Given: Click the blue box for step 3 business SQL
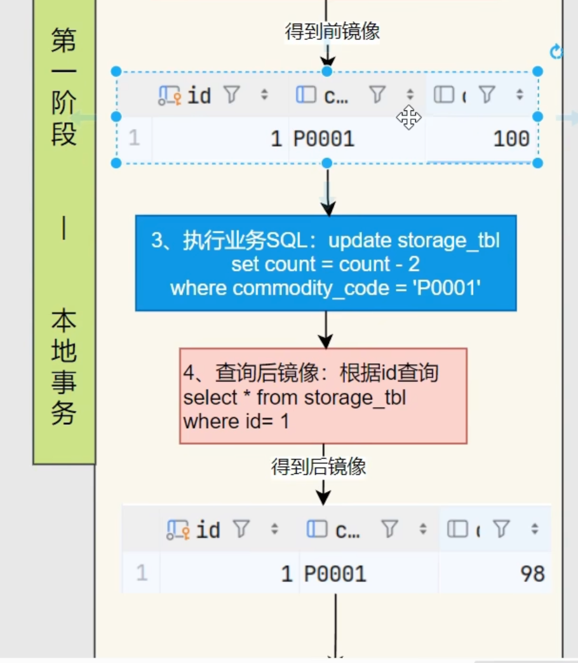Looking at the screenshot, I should point(325,263).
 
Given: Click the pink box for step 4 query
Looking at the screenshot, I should point(323,396).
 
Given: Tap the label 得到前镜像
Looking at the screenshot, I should point(332,30).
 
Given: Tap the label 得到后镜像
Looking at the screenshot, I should point(319,467).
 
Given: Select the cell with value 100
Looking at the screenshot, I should point(511,139).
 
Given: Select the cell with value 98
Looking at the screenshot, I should point(532,574).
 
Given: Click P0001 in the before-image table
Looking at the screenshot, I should point(323,139).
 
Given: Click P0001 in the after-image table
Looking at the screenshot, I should point(335,574).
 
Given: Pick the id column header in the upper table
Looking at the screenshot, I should point(199,96).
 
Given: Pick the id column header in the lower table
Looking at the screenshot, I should point(208,530).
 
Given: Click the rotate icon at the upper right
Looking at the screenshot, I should point(556,52).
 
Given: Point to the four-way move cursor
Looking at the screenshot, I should point(408,117).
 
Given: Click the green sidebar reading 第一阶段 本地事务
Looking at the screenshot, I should point(64,229).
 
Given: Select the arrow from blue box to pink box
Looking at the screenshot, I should point(325,330).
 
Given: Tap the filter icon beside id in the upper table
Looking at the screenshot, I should point(232,95).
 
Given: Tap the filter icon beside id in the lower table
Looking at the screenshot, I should point(241,529).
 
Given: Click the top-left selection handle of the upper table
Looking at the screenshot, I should point(116,71).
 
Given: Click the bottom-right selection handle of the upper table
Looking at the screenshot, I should point(537,163).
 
